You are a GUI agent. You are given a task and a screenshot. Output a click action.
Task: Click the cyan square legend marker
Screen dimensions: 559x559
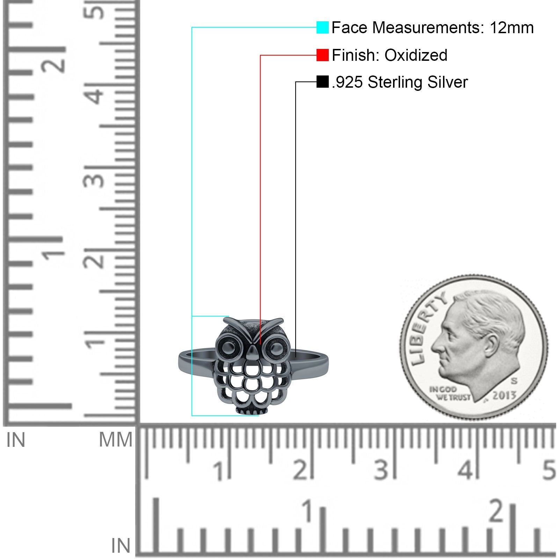(322, 27)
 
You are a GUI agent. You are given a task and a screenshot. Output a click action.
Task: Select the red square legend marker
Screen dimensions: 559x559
(322, 55)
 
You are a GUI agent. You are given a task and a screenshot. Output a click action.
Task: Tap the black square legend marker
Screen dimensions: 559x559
(322, 82)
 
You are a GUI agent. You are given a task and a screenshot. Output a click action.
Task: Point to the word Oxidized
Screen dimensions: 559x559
(416, 55)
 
